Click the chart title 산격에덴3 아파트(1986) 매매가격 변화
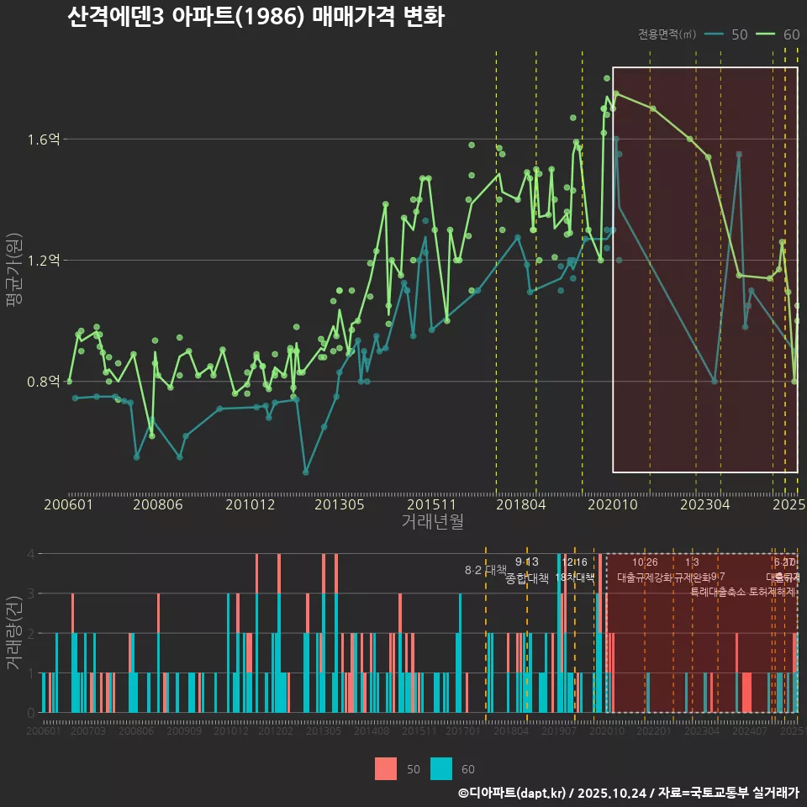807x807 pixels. pos(256,17)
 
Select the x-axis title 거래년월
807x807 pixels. pos(432,521)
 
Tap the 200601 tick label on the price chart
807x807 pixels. pos(68,505)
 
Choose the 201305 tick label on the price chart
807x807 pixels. pos(340,505)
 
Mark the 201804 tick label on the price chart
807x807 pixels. pos(521,505)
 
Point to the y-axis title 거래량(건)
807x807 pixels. pos(14,633)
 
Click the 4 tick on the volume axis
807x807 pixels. pos(31,554)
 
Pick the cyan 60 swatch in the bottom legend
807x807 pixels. pos(441,768)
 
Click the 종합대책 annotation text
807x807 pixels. pos(527,578)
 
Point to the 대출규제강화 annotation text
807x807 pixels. pos(645,578)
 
